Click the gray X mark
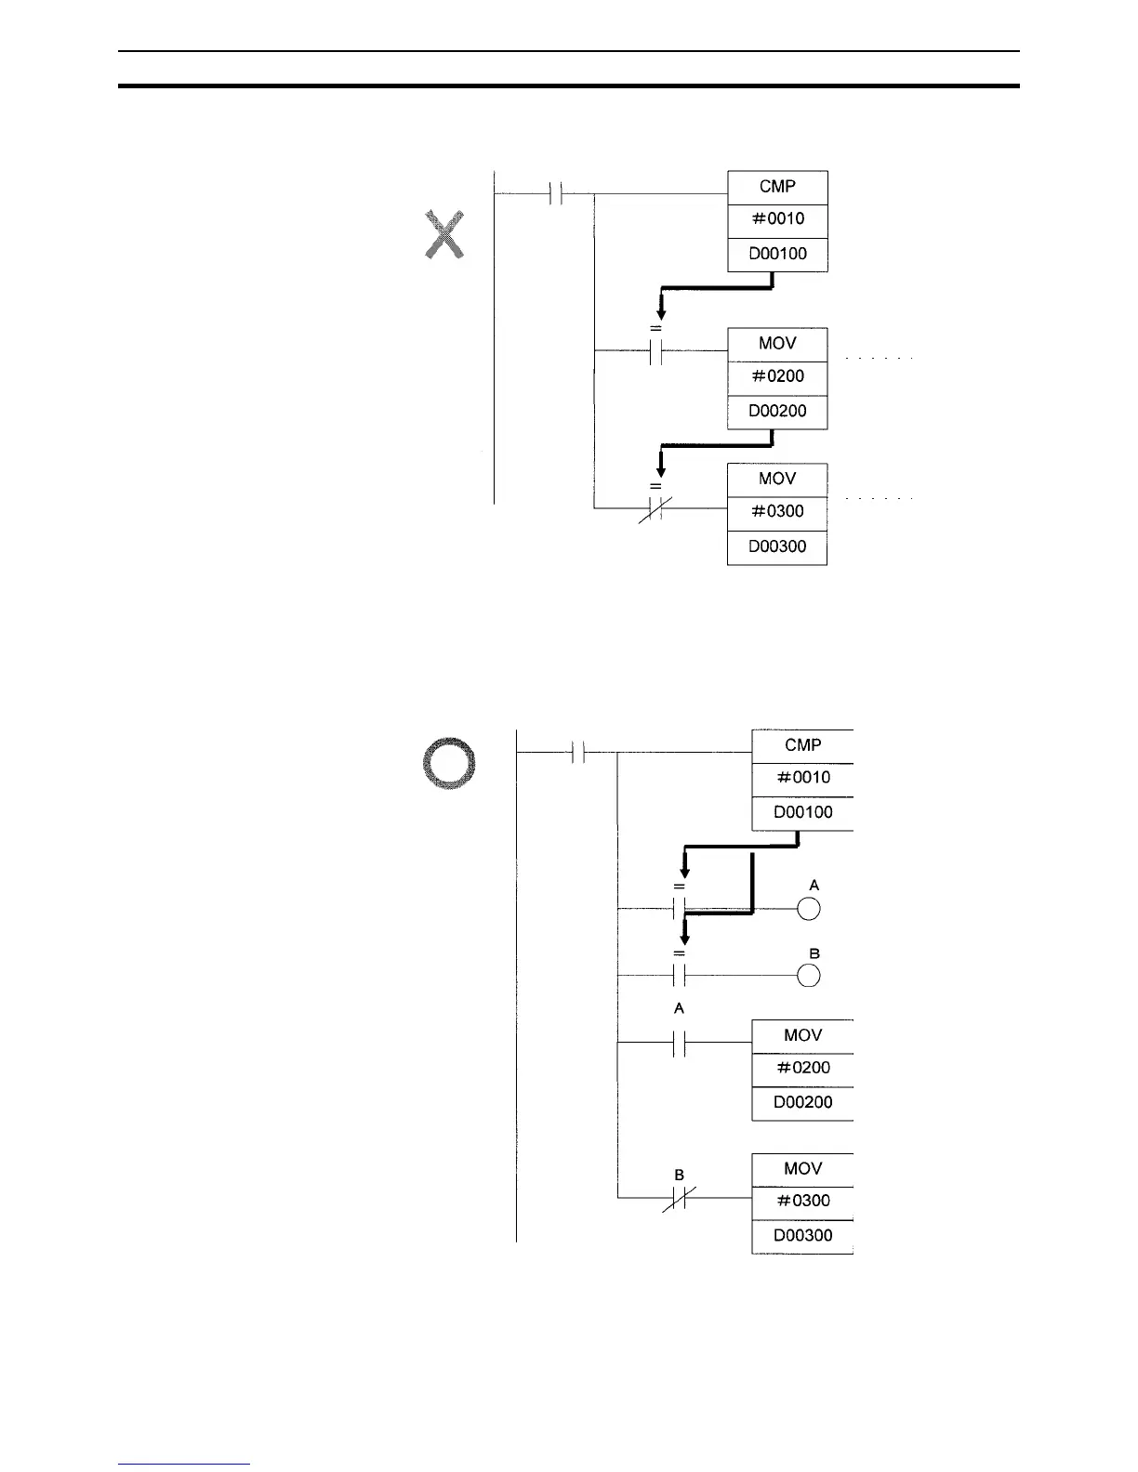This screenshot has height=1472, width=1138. tap(444, 234)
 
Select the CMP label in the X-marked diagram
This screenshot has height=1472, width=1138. tap(777, 187)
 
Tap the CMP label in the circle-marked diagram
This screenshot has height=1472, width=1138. tap(802, 745)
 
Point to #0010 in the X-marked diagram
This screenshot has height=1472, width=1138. tap(777, 219)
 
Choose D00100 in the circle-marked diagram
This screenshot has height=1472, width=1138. tap(802, 812)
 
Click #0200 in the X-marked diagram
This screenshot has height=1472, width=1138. tap(777, 376)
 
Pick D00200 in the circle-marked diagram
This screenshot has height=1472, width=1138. tap(802, 1102)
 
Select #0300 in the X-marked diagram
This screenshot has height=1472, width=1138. tap(777, 511)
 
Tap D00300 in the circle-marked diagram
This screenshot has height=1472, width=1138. tap(802, 1235)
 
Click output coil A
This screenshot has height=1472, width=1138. tap(809, 909)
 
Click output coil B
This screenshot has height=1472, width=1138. tap(809, 976)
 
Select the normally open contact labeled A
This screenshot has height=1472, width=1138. tap(679, 1043)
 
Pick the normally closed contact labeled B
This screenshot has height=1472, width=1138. tap(679, 1199)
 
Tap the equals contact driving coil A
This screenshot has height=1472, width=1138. tap(679, 908)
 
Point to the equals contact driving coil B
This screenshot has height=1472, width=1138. tap(680, 976)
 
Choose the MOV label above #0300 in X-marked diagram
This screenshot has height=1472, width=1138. tap(777, 479)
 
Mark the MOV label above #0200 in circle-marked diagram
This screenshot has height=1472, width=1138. tap(802, 1035)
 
